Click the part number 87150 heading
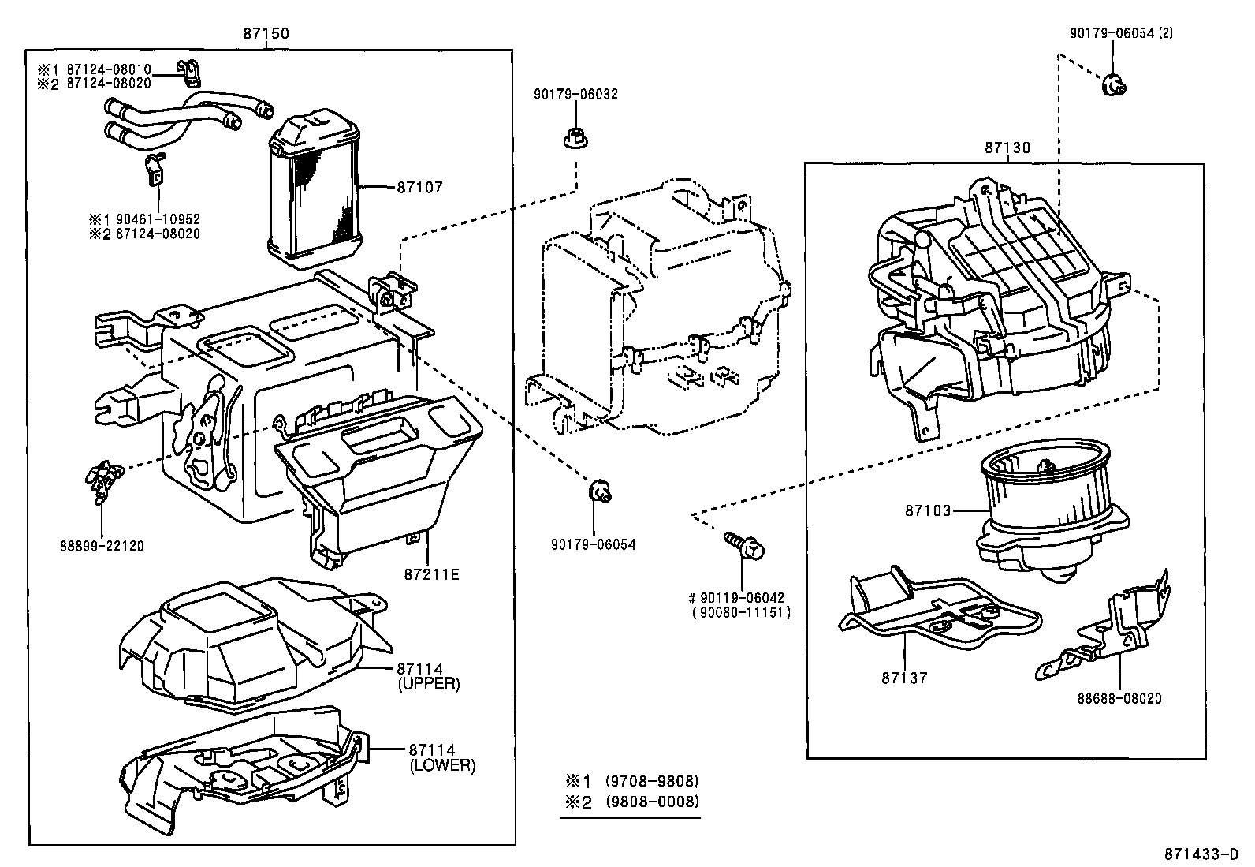(x=266, y=34)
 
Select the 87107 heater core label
(x=419, y=188)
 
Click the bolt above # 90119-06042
(x=745, y=545)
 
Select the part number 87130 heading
(x=1007, y=148)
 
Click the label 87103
(x=928, y=510)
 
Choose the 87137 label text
(x=905, y=678)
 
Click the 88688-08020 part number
(x=1119, y=698)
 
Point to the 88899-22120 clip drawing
(x=102, y=481)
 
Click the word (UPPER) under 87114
(x=430, y=684)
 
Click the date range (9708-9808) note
(x=651, y=781)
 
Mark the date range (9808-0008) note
(x=651, y=802)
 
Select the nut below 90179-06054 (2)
(x=1113, y=84)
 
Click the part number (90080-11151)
(x=741, y=613)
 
